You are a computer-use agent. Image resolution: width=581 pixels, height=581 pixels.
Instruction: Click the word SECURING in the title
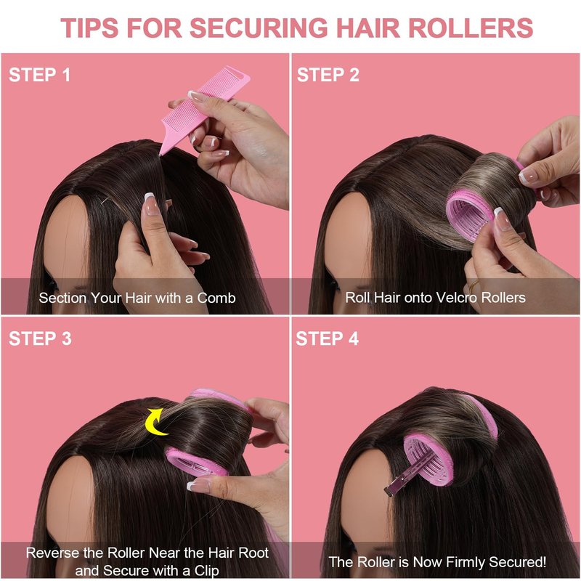click(259, 28)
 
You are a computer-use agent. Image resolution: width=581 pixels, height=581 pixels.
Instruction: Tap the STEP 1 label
click(40, 75)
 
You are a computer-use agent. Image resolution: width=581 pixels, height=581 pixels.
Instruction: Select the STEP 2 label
click(328, 75)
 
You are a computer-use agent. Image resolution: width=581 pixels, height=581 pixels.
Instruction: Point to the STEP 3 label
click(40, 338)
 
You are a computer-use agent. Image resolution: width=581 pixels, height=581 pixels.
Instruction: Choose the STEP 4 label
click(328, 338)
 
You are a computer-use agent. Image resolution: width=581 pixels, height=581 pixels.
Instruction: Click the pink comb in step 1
click(205, 108)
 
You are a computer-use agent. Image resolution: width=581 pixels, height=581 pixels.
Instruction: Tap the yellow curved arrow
click(155, 422)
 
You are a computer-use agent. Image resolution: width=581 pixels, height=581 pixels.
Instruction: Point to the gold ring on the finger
click(474, 285)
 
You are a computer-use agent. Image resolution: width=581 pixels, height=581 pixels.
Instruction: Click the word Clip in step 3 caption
click(206, 571)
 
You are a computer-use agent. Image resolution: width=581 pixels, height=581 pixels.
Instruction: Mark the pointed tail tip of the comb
click(160, 154)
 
